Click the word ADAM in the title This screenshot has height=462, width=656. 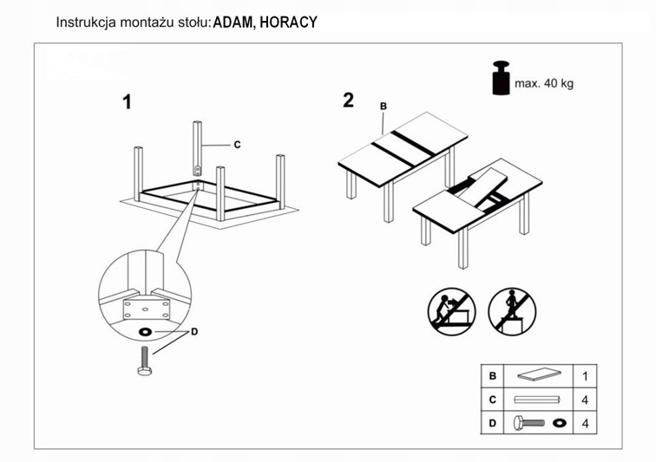(232, 22)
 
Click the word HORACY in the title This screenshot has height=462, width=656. (289, 22)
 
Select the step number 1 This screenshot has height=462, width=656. (127, 102)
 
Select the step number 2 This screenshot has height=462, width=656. (348, 100)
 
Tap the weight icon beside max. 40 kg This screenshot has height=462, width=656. (502, 78)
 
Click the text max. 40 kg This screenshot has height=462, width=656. (544, 84)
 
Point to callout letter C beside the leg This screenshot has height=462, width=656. (236, 145)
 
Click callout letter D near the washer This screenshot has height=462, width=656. (194, 332)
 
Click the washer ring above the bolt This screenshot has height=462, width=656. (144, 332)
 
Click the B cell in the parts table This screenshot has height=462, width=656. (493, 377)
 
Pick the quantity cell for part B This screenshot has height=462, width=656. (585, 377)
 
